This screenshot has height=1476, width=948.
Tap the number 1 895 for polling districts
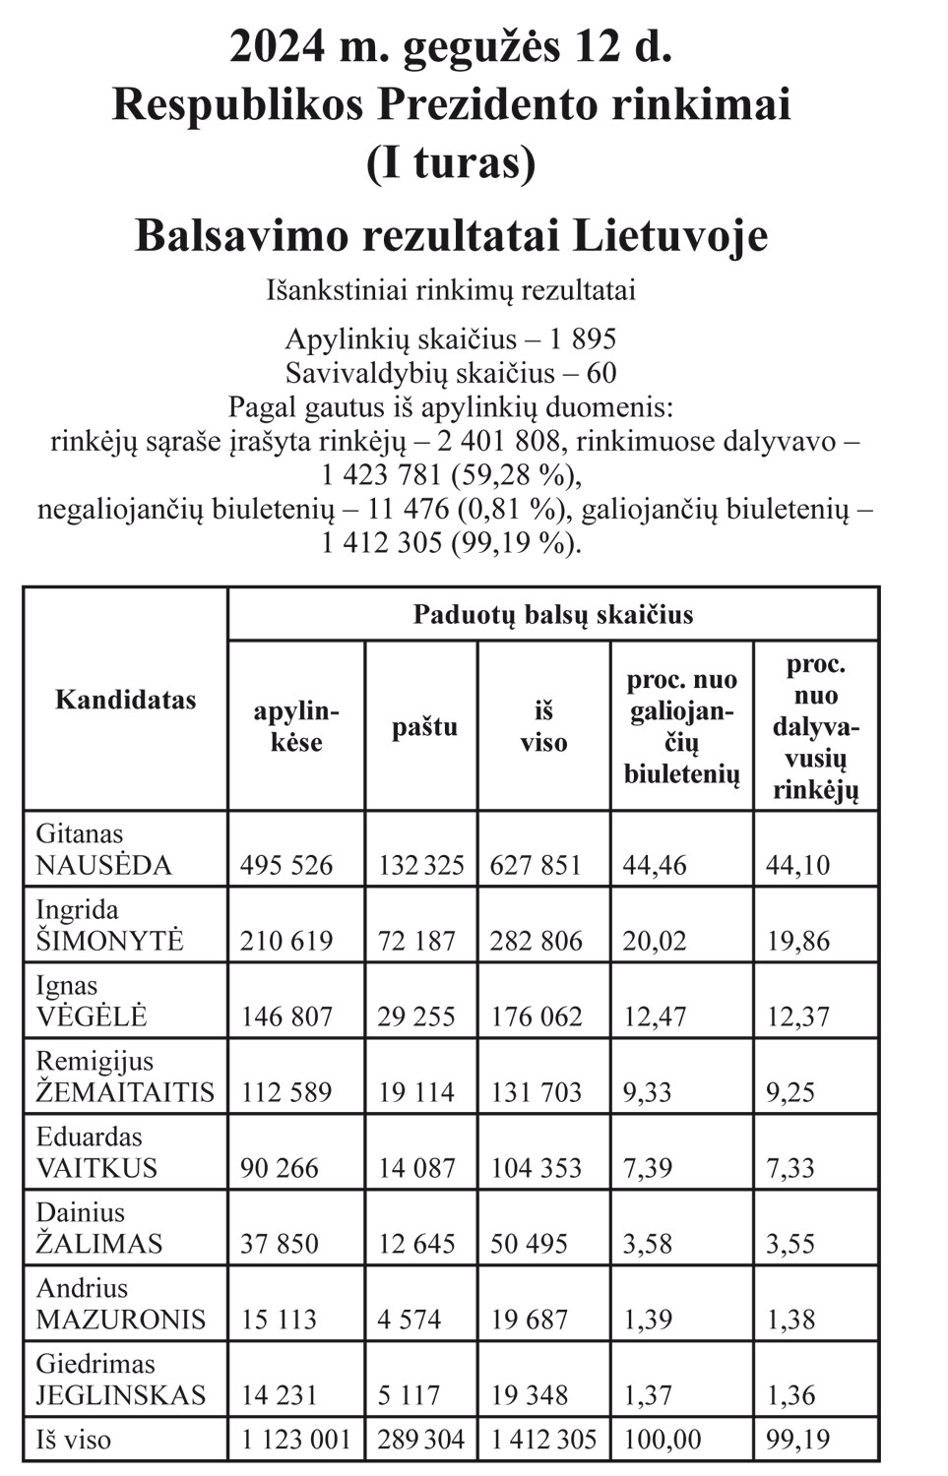pyautogui.click(x=583, y=339)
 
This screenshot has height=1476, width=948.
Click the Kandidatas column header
pyautogui.click(x=125, y=701)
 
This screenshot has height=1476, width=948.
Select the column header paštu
pyautogui.click(x=424, y=727)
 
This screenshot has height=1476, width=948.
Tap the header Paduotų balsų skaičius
pyautogui.click(x=552, y=615)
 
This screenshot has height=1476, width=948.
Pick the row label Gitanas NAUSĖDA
pyautogui.click(x=103, y=850)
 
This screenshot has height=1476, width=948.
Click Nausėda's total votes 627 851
pyautogui.click(x=537, y=866)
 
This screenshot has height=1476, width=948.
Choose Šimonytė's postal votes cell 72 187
pyautogui.click(x=417, y=942)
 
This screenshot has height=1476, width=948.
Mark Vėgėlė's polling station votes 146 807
pyautogui.click(x=286, y=1017)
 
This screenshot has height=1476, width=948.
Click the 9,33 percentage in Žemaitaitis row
pyautogui.click(x=648, y=1092)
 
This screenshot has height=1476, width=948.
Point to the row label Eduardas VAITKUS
pyautogui.click(x=96, y=1153)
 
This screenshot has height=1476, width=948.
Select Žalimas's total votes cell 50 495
pyautogui.click(x=530, y=1244)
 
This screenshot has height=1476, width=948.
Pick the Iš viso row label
pyautogui.click(x=74, y=1441)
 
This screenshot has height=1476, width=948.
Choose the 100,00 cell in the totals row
pyautogui.click(x=662, y=1441)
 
